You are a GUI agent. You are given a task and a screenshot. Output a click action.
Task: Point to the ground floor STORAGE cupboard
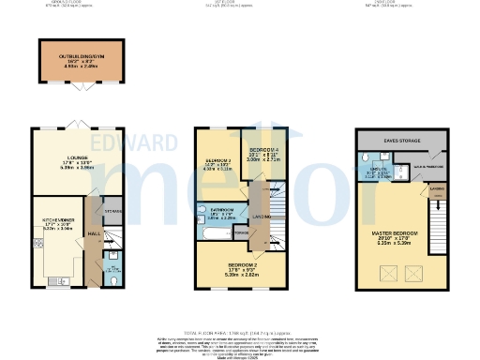[x=112, y=211]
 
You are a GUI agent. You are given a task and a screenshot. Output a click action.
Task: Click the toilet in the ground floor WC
[x=112, y=277]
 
